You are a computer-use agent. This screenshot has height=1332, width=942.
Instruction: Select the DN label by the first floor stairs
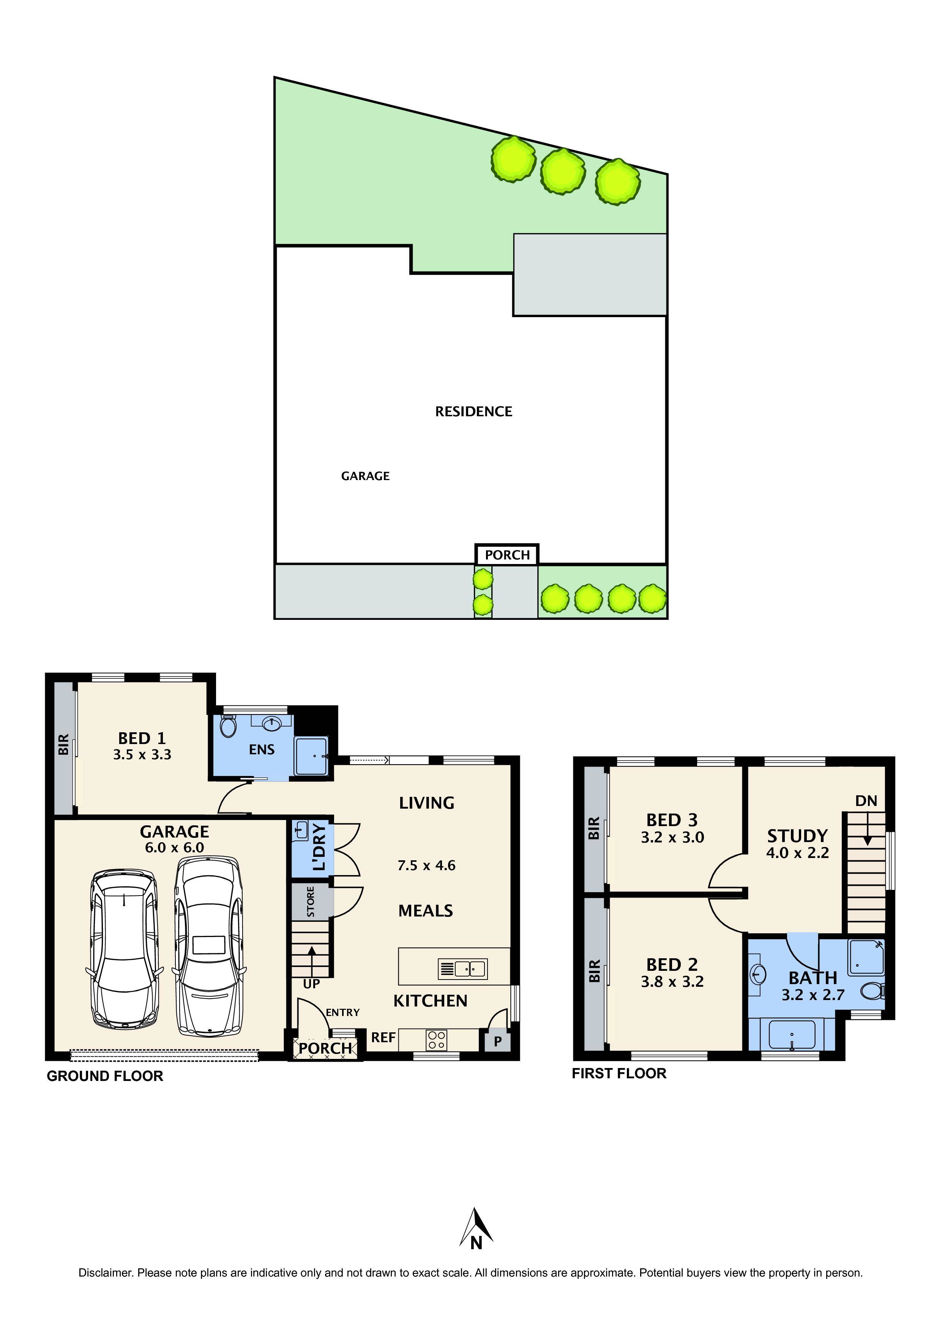[866, 801]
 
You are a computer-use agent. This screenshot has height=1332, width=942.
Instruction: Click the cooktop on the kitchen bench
[437, 1039]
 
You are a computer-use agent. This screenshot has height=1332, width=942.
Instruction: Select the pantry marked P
[497, 1042]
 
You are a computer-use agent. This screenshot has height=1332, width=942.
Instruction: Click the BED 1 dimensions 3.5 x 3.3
[142, 755]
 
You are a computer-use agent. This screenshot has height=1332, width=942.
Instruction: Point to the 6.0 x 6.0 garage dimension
[174, 848]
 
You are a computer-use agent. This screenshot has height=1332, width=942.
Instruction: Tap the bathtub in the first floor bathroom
[792, 1035]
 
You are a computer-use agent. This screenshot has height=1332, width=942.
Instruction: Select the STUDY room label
[797, 836]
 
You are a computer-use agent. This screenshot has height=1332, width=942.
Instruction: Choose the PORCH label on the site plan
[507, 555]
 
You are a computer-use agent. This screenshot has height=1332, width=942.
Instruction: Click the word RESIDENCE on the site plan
[474, 412]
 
